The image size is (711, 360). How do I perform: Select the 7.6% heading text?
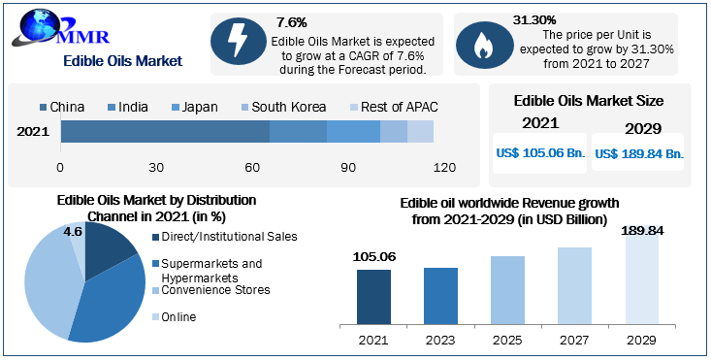coord(292,21)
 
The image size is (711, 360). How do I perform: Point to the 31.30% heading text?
coord(533,19)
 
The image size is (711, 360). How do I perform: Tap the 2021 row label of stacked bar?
coord(33,132)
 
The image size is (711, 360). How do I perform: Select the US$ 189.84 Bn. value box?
coord(639,153)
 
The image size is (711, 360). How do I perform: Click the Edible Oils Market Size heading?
coord(589,101)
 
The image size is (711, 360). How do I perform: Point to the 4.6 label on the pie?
coord(73,231)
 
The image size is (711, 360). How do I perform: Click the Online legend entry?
coord(178,316)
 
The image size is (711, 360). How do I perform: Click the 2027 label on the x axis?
coord(574,340)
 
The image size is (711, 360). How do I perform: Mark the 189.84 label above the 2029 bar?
coord(641,229)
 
